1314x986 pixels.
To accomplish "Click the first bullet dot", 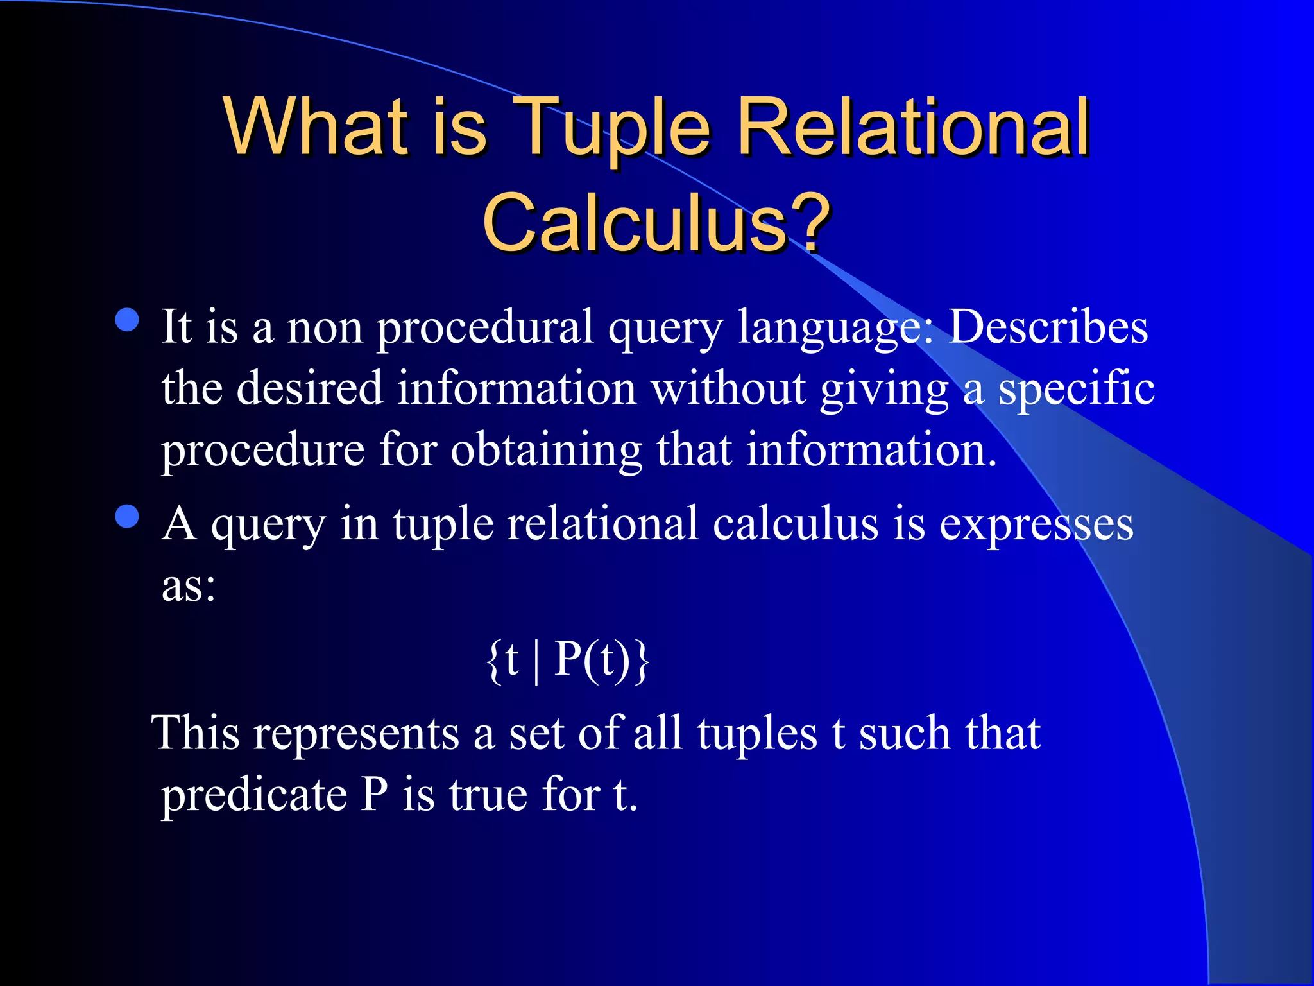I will click(128, 320).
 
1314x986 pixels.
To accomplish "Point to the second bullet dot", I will click(128, 516).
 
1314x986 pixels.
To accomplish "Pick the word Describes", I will click(1048, 327).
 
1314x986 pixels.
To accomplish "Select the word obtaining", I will click(546, 451).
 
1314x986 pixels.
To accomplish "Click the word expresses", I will click(1036, 526).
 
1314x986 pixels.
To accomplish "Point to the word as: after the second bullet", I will click(189, 585).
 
